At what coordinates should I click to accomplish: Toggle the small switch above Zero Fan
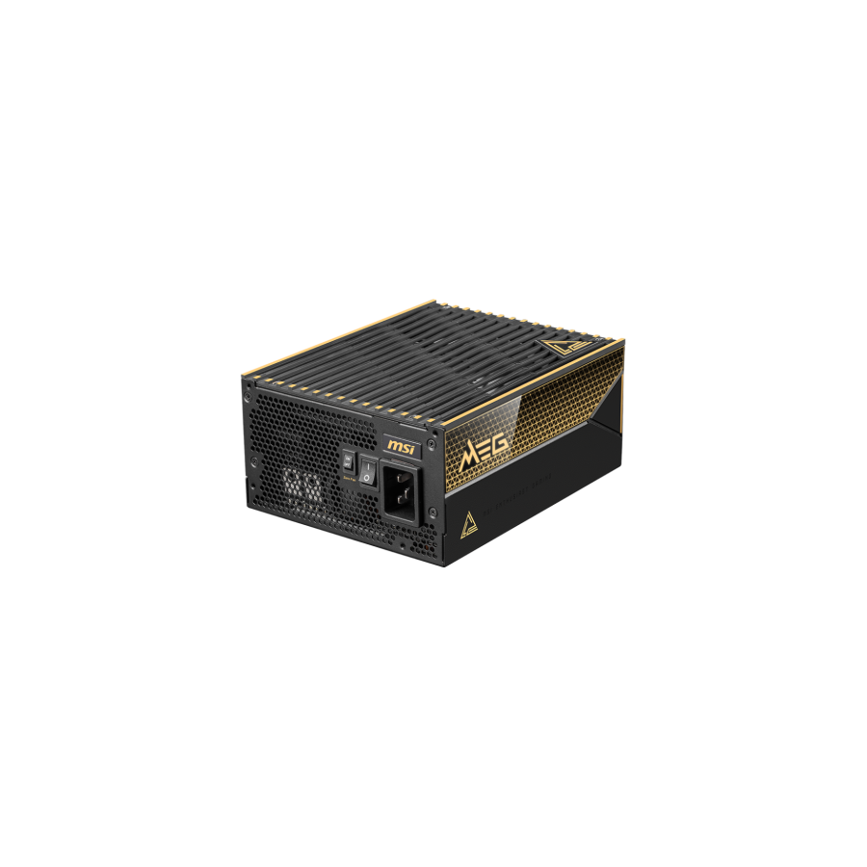coord(348,461)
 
